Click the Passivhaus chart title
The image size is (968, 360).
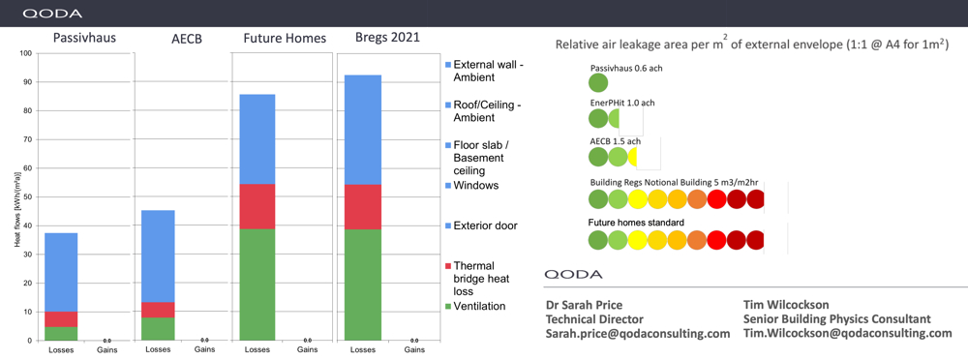coord(81,38)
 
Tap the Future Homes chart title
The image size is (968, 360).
coord(284,38)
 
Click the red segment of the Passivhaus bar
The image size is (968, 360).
coord(61,319)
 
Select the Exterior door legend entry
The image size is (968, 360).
coord(485,225)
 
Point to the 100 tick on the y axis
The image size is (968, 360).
coord(24,53)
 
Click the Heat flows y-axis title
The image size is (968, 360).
coord(16,197)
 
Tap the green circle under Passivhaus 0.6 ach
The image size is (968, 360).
coord(598,84)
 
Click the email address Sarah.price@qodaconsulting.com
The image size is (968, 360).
coord(638,333)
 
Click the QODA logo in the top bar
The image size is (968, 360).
coord(52,14)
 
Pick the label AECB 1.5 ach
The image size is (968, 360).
coord(615,141)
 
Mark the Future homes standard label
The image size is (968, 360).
coord(636,223)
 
